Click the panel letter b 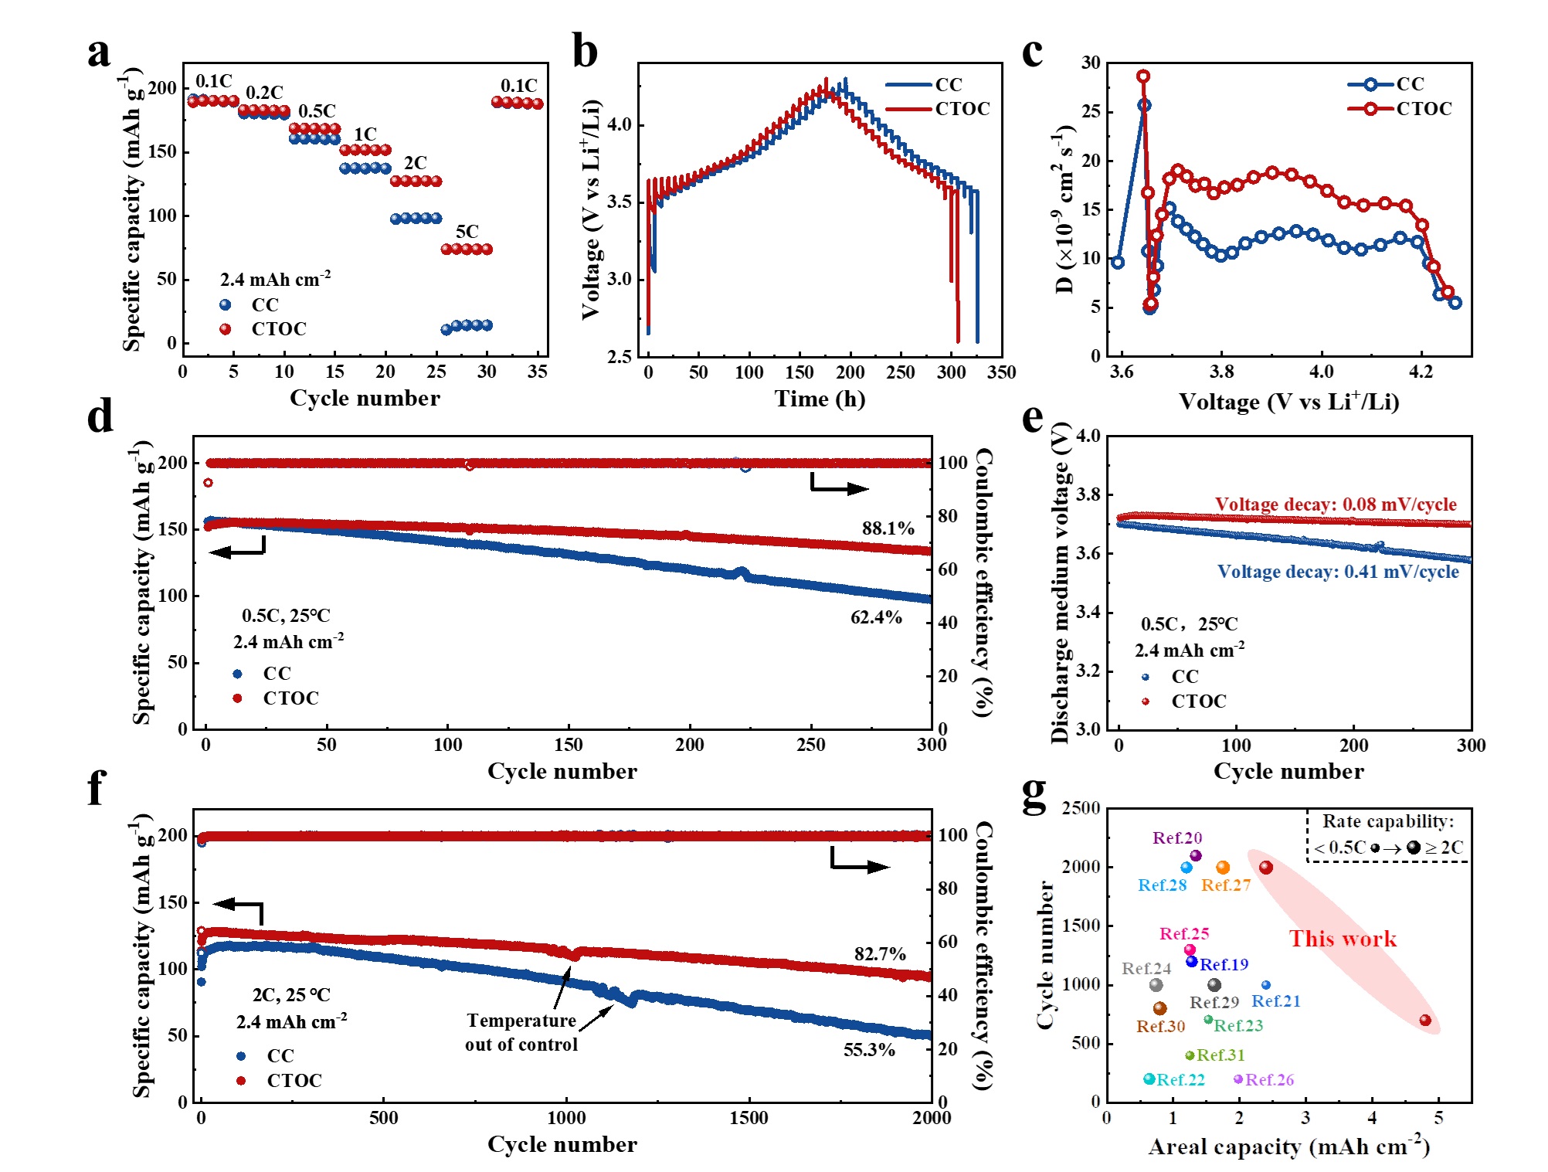(585, 53)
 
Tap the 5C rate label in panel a (467, 231)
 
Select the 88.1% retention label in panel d (888, 528)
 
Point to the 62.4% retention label (876, 617)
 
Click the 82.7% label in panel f (880, 954)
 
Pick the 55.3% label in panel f (869, 1050)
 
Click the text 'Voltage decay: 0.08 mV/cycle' (1336, 504)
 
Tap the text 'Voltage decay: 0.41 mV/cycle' (1338, 572)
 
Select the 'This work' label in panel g (1343, 939)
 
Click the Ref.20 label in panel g (1176, 837)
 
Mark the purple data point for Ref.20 (1196, 855)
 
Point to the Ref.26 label (1269, 1079)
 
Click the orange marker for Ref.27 (1223, 868)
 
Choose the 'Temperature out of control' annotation (521, 1032)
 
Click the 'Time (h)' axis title (820, 399)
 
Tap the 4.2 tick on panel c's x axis (1421, 372)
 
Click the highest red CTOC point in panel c (1143, 76)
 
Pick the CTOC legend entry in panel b (962, 109)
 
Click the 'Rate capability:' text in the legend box (1387, 821)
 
